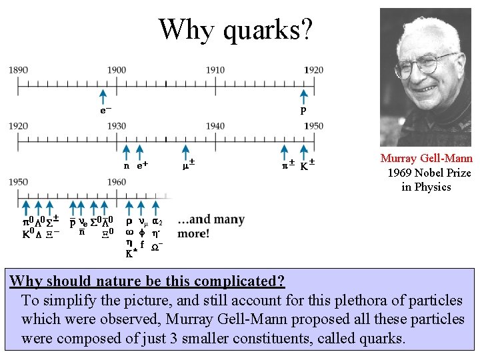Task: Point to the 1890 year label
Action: click(19, 70)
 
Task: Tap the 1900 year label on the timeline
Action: click(117, 70)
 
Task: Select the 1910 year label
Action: click(215, 70)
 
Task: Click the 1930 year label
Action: click(117, 126)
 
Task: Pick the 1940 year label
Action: click(215, 126)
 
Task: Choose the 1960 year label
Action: click(117, 182)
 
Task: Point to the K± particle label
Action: click(307, 164)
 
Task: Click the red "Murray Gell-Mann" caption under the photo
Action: click(426, 159)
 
